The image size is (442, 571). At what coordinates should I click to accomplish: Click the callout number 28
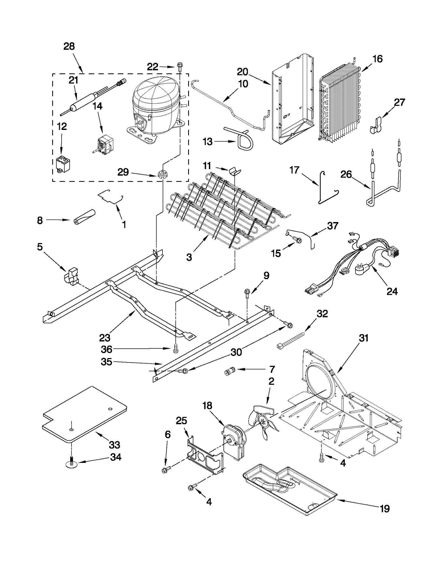click(x=69, y=46)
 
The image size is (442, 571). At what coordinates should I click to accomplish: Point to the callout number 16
click(x=377, y=59)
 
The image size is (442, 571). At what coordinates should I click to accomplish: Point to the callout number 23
click(x=105, y=338)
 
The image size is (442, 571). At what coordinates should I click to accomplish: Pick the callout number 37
click(x=333, y=226)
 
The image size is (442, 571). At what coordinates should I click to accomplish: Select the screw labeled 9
click(x=247, y=293)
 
